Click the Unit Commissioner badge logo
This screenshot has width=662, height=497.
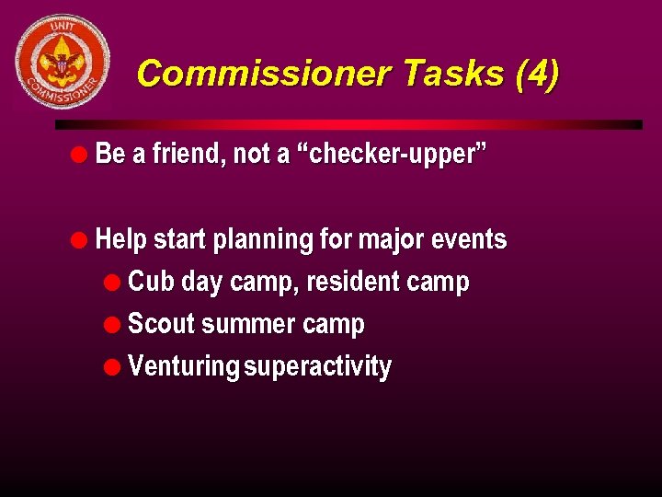[63, 62]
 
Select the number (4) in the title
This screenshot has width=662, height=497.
[536, 74]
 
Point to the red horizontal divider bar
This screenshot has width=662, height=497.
[348, 124]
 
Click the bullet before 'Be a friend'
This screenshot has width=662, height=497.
[81, 154]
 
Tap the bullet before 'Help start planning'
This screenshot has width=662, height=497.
[81, 239]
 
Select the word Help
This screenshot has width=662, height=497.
[121, 240]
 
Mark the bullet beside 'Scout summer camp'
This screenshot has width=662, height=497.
[113, 325]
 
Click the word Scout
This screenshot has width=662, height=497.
[161, 324]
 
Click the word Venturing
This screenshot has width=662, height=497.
[183, 367]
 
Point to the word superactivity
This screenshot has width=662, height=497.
[318, 367]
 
